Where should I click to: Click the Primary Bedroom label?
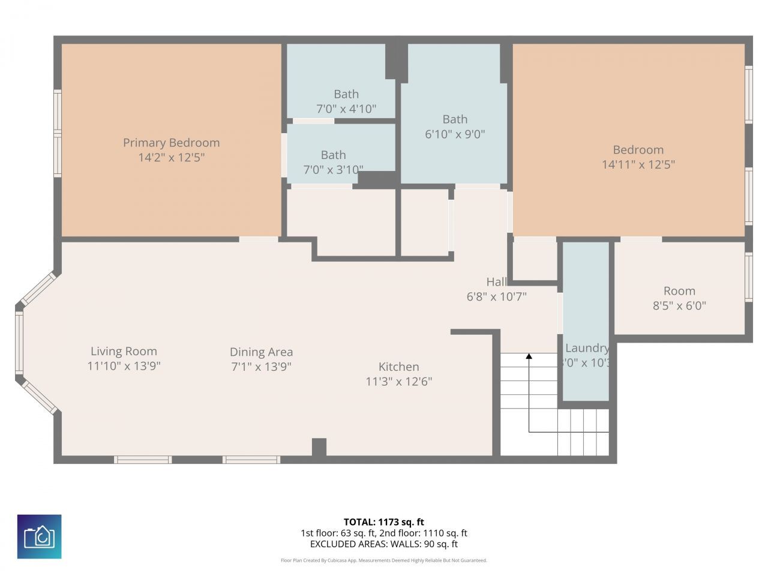coord(171,143)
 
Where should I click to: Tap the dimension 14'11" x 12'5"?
coord(638,164)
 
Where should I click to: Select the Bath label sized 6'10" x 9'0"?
coord(455,119)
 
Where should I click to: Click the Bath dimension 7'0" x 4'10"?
coord(346,109)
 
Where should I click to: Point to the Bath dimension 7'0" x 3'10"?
coord(333,170)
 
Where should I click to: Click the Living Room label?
coord(124,352)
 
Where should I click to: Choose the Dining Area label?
coord(261,352)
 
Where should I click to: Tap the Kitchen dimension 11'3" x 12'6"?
coord(398,382)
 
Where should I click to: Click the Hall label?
coord(496,282)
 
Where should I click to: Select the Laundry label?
coord(586,348)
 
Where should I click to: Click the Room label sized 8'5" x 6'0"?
coord(679,291)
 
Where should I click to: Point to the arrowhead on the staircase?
coord(529,356)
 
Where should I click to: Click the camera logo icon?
coord(39,536)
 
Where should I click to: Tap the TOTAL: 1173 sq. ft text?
coord(383,522)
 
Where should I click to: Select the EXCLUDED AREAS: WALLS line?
coord(383,544)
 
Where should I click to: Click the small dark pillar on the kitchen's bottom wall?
coord(319,448)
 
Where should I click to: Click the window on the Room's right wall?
coord(748,277)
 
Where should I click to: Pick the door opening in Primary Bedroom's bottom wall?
coord(259,239)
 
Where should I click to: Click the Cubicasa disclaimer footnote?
coord(383,560)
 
